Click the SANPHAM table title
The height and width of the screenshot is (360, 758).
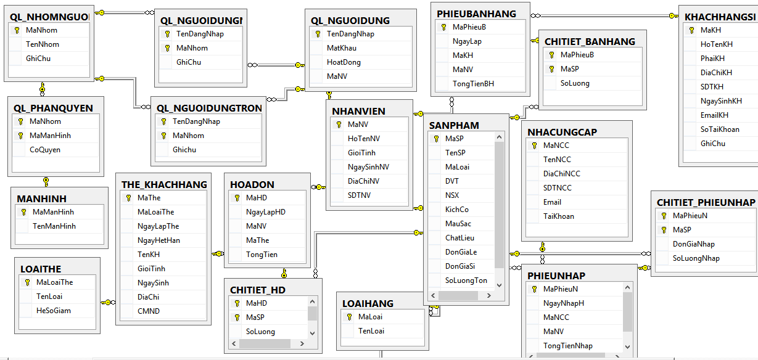point(454,126)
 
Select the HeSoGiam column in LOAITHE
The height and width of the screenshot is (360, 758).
point(54,311)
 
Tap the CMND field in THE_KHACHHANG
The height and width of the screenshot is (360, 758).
point(149,311)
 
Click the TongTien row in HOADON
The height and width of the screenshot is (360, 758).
point(262,255)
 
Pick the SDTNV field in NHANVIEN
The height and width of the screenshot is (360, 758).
point(359,195)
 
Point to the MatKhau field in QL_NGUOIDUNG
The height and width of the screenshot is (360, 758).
point(342,48)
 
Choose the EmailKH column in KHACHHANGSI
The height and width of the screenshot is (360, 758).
point(714,115)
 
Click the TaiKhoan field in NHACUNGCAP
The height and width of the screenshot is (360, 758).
point(559,216)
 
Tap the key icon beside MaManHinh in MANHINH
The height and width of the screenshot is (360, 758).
point(23,212)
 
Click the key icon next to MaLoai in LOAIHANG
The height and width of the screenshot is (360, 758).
point(349,317)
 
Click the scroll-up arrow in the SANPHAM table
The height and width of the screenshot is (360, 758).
point(499,137)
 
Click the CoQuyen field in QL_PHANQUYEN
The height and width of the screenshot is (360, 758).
point(45,150)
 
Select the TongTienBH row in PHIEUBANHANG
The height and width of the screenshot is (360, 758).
point(473,84)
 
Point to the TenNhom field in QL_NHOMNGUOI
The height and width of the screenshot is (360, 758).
point(43,44)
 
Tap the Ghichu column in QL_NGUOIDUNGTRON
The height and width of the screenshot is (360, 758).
point(184,150)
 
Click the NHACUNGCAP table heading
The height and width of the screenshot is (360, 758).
point(562,133)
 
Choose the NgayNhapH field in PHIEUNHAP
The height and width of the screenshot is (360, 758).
point(564,303)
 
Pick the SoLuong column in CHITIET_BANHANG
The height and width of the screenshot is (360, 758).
point(575,83)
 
